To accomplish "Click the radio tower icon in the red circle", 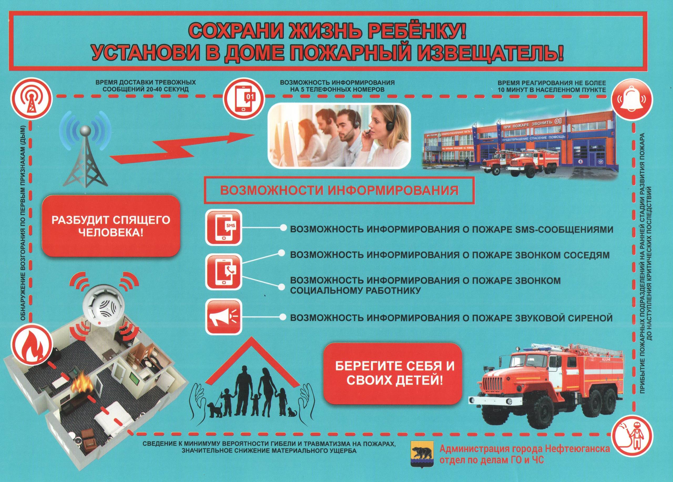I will click(x=32, y=96).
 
